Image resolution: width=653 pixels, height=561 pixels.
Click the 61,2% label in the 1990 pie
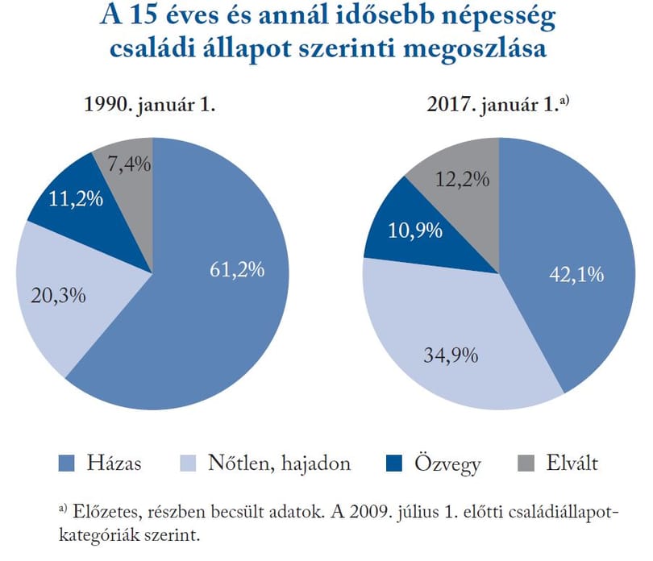point(237,269)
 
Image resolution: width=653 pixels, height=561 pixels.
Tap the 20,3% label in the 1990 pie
point(58,295)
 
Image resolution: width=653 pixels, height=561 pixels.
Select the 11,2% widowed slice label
point(76,198)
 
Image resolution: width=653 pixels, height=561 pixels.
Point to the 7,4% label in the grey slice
point(129,164)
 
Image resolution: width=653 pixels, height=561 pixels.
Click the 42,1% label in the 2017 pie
point(576,275)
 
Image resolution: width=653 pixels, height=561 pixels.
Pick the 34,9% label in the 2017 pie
point(451,355)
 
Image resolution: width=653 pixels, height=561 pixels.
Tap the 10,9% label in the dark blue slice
point(415,231)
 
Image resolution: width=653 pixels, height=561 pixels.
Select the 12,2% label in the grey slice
point(462,180)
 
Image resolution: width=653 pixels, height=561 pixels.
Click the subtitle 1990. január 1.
point(149,104)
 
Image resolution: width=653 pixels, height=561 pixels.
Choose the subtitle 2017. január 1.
point(493,104)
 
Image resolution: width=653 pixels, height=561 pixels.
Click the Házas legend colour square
point(67,463)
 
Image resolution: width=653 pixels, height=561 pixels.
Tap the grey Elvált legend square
point(526,463)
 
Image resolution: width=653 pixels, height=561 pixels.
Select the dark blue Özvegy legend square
point(394,463)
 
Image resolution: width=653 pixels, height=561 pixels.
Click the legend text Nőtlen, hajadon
point(280,463)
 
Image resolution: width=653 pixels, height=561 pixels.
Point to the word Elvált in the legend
point(572,463)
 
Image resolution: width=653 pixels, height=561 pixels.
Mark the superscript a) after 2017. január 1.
point(564,100)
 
